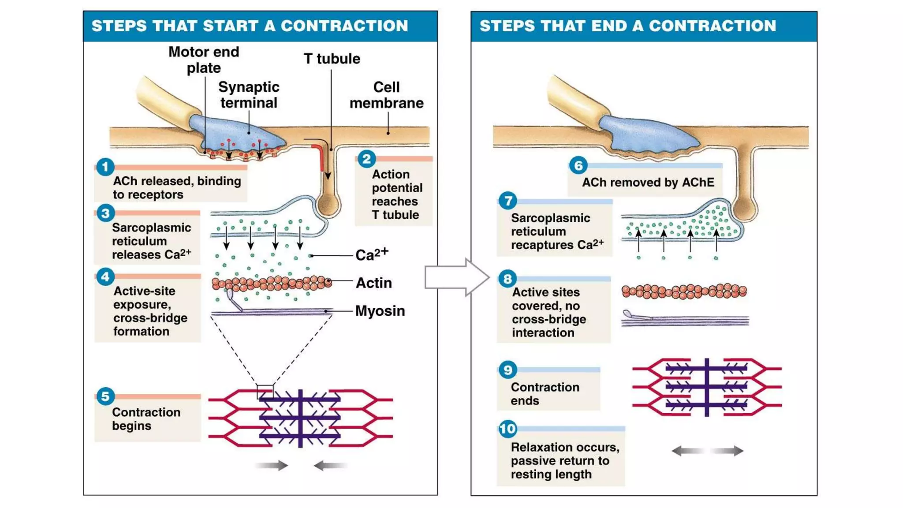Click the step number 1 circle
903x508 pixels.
click(105, 167)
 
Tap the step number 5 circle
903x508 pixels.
click(105, 396)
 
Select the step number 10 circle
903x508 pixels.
click(507, 429)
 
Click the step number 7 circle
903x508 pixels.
click(507, 201)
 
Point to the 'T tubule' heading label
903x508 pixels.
click(332, 59)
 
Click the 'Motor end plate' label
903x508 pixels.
click(204, 60)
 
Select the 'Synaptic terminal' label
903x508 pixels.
click(249, 95)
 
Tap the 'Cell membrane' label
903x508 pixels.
click(386, 95)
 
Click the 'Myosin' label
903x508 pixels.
click(380, 311)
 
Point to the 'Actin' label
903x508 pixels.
click(373, 283)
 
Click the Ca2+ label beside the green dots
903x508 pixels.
click(371, 254)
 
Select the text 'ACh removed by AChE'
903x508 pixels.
click(648, 182)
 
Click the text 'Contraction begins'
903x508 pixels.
click(146, 418)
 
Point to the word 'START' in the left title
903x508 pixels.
click(231, 26)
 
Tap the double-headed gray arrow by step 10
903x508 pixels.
click(707, 451)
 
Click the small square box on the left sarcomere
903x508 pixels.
click(265, 392)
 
